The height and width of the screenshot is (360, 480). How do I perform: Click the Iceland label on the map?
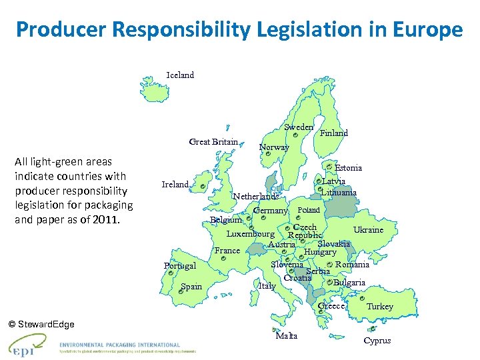[180, 75]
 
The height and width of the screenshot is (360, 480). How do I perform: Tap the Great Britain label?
[213, 141]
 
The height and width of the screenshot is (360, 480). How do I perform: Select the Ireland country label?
[175, 184]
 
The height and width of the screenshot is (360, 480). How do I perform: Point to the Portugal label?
[180, 266]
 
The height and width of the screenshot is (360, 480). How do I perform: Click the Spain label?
[191, 287]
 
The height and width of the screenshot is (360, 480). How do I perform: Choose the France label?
[227, 251]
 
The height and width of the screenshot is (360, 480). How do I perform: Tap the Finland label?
[334, 133]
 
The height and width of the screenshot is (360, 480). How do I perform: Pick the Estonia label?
[348, 168]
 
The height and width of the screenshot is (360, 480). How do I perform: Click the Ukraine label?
[368, 230]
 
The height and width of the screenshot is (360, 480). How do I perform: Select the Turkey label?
[380, 307]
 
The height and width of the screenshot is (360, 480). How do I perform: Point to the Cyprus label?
[377, 341]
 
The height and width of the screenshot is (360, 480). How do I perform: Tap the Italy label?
[267, 286]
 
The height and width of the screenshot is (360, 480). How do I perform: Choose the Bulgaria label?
[349, 283]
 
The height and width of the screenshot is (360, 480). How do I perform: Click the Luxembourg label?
[250, 234]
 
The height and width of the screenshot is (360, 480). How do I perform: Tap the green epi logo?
[27, 344]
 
